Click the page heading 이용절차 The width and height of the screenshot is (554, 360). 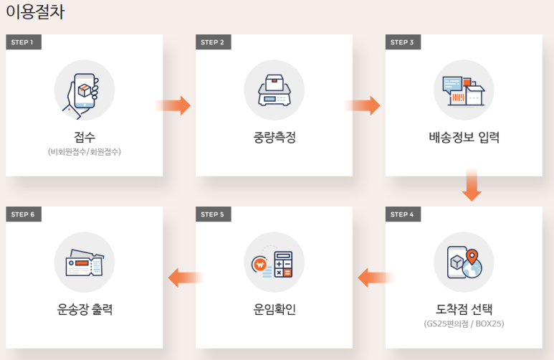(x=35, y=12)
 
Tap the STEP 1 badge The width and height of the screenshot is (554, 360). (x=23, y=42)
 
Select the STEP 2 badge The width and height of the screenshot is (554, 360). (x=213, y=42)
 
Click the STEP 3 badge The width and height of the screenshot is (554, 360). (x=402, y=42)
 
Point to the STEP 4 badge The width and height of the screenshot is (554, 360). (x=402, y=214)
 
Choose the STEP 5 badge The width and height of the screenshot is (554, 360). (x=213, y=214)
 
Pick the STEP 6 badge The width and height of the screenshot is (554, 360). (x=23, y=214)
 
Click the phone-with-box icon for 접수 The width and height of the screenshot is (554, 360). (x=84, y=90)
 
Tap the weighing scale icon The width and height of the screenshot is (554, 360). (x=274, y=90)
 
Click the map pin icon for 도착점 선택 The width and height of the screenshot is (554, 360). (x=464, y=262)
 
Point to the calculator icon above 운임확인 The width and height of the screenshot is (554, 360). (x=274, y=262)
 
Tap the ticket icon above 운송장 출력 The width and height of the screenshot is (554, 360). (x=84, y=262)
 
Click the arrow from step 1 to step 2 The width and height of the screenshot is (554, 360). (x=173, y=105)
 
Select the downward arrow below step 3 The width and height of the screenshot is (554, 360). (x=471, y=185)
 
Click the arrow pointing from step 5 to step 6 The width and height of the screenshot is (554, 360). (x=186, y=277)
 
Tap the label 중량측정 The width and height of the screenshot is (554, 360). (x=274, y=137)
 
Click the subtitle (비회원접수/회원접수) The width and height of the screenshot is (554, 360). (x=85, y=152)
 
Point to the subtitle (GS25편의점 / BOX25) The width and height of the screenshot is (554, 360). (x=464, y=324)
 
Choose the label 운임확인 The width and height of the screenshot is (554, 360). (x=274, y=310)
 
